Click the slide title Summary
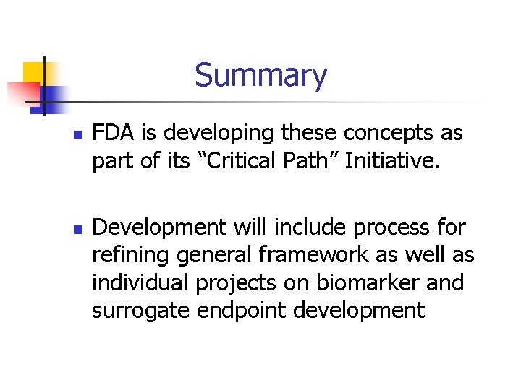click(x=260, y=75)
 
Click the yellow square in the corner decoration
click(x=34, y=73)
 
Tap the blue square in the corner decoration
click(x=54, y=96)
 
